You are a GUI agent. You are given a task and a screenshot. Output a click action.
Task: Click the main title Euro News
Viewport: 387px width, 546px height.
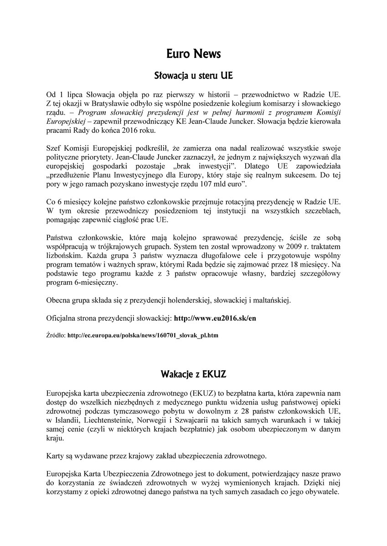pos(193,54)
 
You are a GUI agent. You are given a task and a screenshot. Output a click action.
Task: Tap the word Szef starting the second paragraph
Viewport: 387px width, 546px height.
pos(54,149)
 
